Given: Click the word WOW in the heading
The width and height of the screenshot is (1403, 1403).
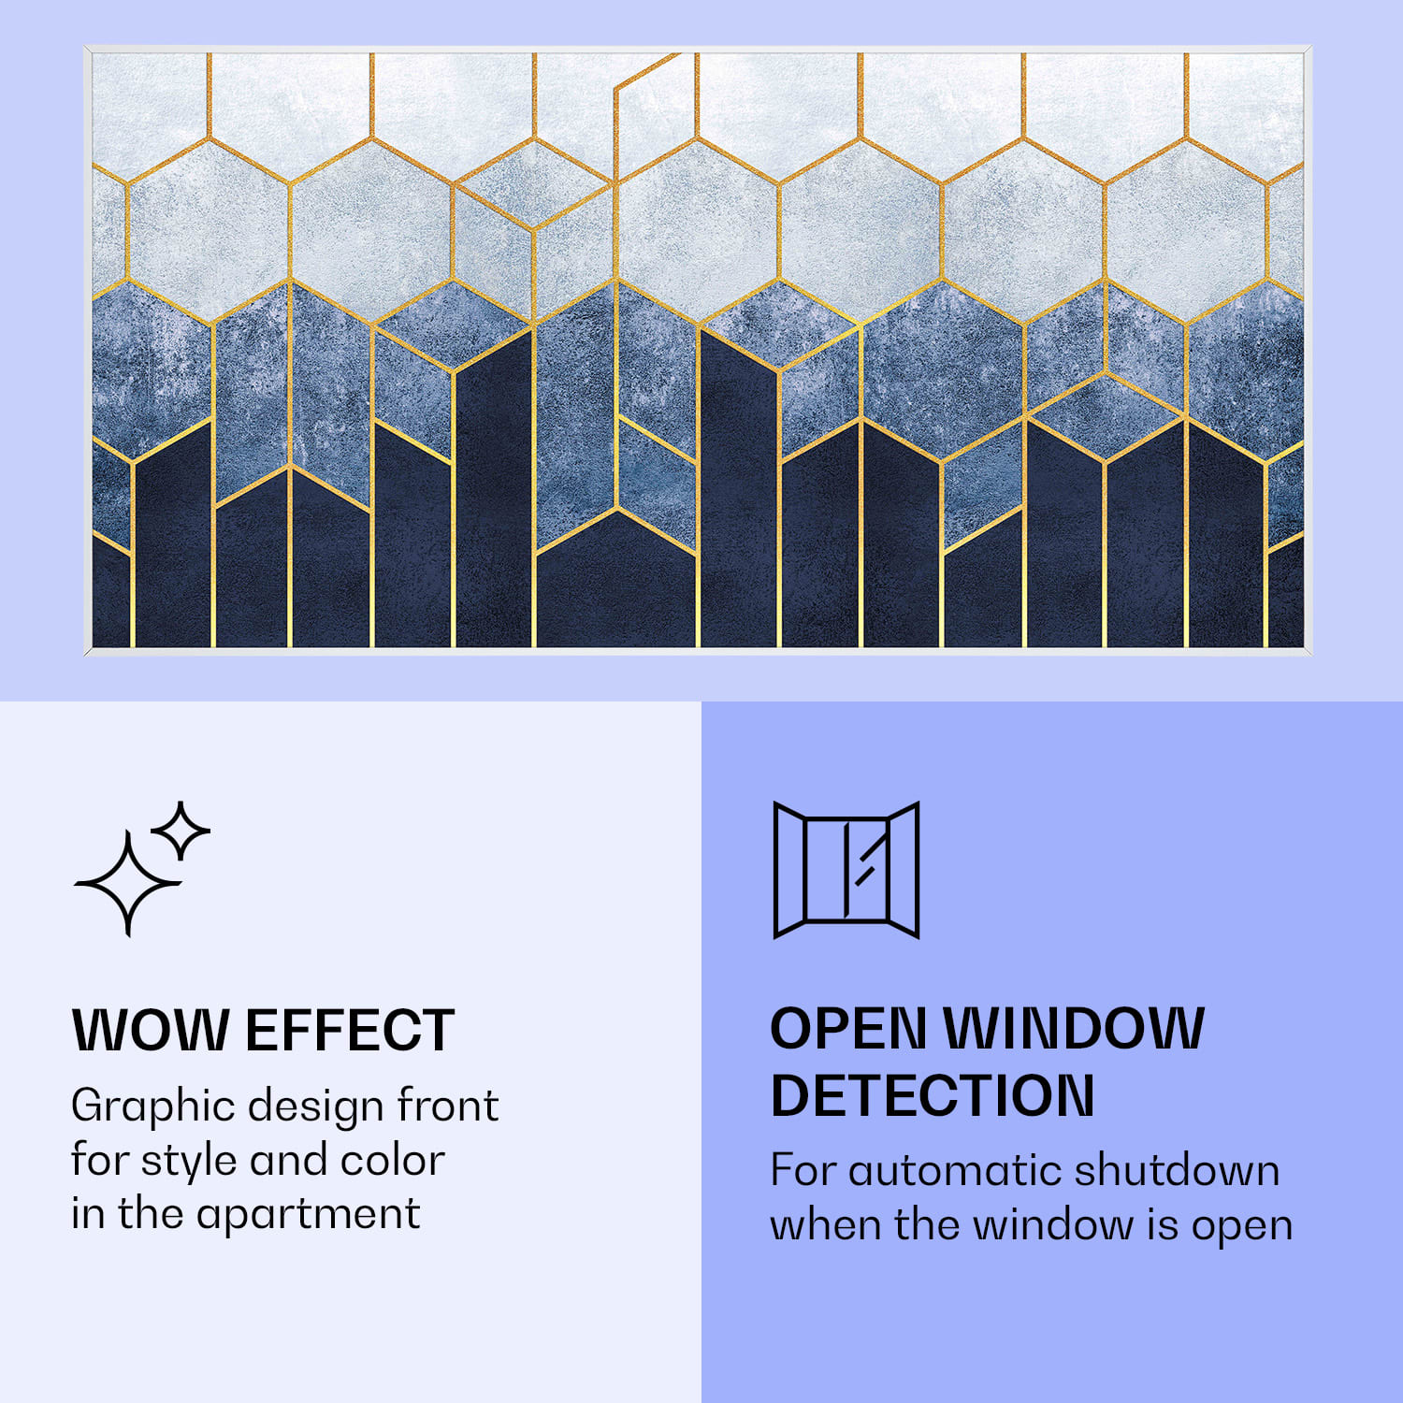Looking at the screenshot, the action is click(150, 1030).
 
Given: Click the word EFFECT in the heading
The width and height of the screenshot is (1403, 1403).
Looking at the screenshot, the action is click(350, 1030).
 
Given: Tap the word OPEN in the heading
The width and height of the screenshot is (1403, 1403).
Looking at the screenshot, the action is click(848, 1029).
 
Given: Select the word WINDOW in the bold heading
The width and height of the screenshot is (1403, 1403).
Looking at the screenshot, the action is click(1074, 1029).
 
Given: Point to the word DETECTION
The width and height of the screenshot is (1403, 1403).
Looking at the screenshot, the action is click(932, 1095).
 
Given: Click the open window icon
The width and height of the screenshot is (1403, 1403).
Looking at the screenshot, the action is click(846, 870).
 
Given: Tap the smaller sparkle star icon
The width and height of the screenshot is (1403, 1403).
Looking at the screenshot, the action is click(181, 831).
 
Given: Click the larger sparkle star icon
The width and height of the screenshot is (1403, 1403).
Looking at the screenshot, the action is click(128, 883).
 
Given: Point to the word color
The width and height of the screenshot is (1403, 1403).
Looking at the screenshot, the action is click(392, 1161).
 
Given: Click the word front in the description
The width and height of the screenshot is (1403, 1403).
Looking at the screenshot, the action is click(447, 1106).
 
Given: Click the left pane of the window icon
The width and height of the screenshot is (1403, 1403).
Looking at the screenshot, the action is click(789, 870).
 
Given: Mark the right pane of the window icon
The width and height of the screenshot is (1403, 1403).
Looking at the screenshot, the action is click(904, 870).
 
